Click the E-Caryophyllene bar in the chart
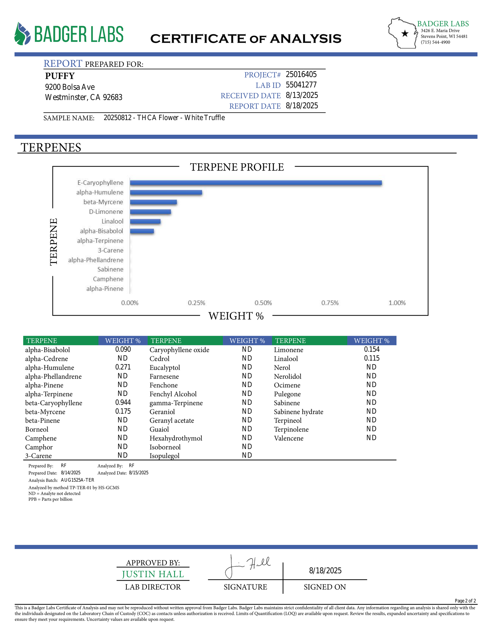pos(255,183)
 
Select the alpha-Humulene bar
pos(166,193)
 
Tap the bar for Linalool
pos(145,221)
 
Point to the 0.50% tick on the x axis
pos(263,303)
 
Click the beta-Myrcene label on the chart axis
pos(103,202)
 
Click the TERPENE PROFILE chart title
pos(237,167)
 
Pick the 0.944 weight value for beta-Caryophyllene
pos(123,402)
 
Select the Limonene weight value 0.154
pos(371,349)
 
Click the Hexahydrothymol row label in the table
pos(176,438)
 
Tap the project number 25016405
pos(301,74)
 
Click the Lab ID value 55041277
pos(301,85)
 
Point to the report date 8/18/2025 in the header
pos(301,106)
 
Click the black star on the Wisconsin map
pos(405,34)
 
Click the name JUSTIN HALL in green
pos(153,574)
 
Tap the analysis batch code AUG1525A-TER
pos(77,480)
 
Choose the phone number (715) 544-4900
pos(435,42)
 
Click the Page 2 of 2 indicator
pos(465,601)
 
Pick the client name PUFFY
pos(60,76)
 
